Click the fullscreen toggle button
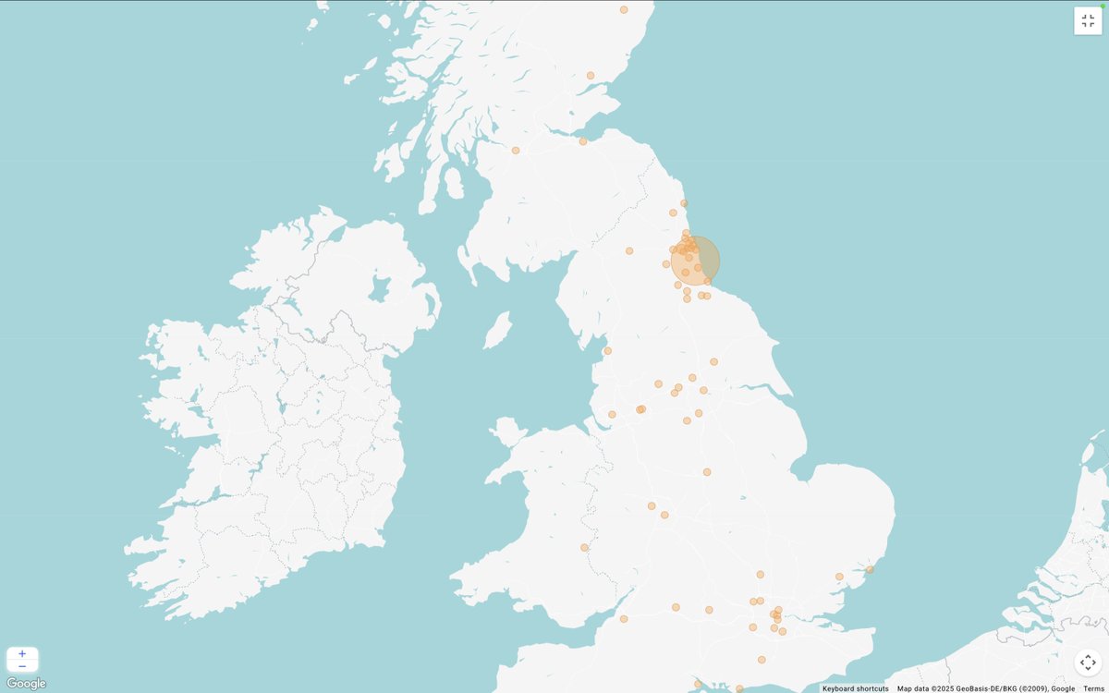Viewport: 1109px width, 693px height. pyautogui.click(x=1088, y=21)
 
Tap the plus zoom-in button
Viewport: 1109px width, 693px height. pyautogui.click(x=22, y=653)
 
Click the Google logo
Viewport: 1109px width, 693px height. pyautogui.click(x=26, y=684)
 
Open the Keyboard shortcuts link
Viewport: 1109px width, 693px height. pyautogui.click(x=855, y=688)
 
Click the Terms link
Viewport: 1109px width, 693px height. pyautogui.click(x=1093, y=688)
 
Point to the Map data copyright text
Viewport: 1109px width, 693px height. pyautogui.click(x=985, y=688)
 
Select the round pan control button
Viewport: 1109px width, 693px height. pyautogui.click(x=1088, y=663)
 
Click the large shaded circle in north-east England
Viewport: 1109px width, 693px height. pyautogui.click(x=696, y=261)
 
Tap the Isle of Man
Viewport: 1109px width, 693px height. pyautogui.click(x=497, y=330)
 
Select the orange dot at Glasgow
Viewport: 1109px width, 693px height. pyautogui.click(x=516, y=150)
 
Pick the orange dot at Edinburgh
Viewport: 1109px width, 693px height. pyautogui.click(x=583, y=141)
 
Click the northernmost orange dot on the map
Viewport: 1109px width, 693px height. pyautogui.click(x=624, y=9)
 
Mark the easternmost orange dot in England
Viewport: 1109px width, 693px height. pyautogui.click(x=870, y=569)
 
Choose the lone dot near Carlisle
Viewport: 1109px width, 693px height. pyautogui.click(x=629, y=250)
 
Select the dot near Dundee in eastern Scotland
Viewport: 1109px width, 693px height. pyautogui.click(x=591, y=76)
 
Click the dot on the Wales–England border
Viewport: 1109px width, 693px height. pyautogui.click(x=584, y=547)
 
